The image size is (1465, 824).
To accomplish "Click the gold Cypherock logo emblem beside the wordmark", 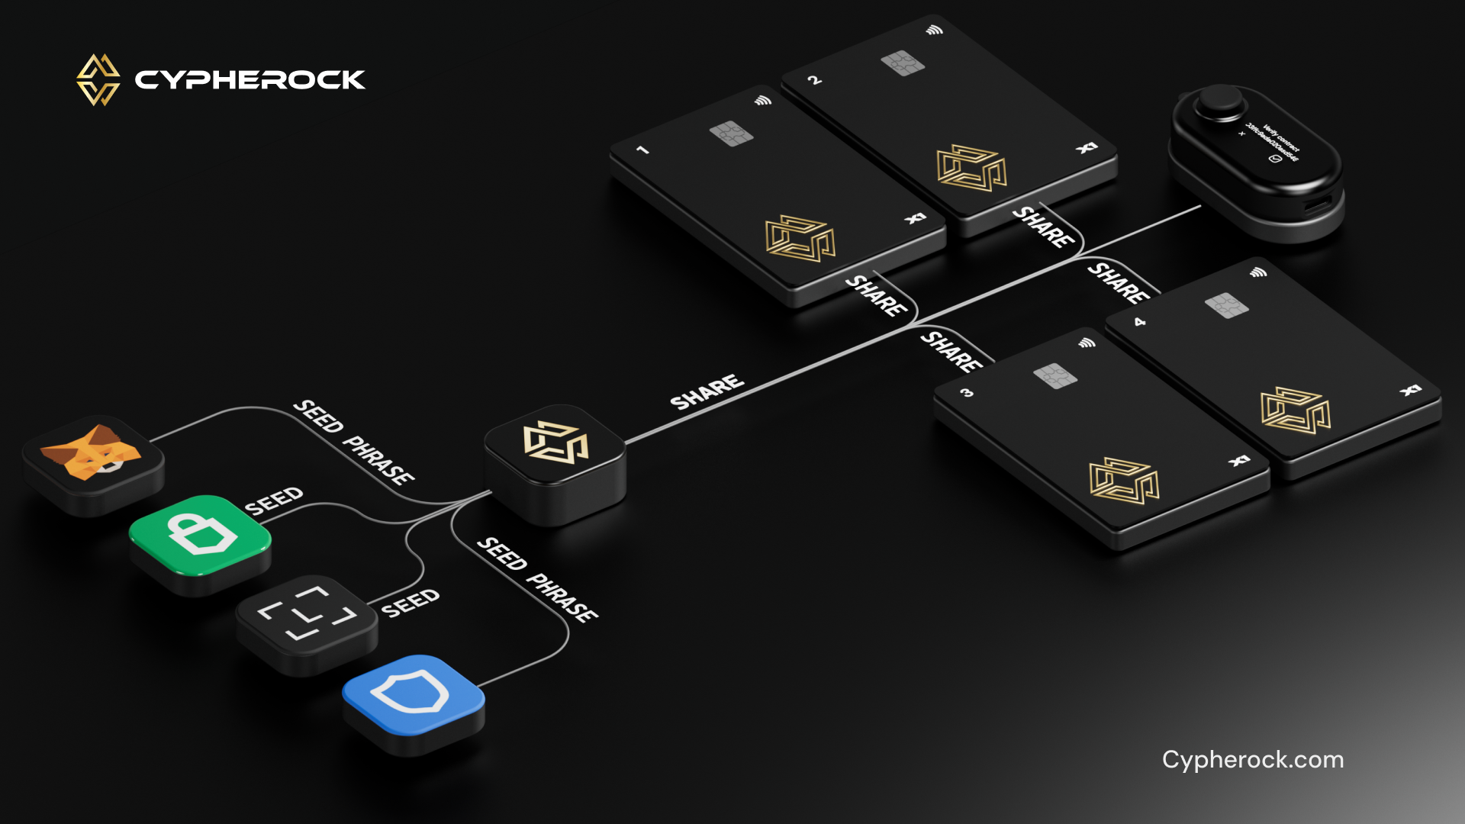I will point(98,79).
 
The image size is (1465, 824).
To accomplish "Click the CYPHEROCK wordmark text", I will point(250,80).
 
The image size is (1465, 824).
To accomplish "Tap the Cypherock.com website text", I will point(1252,760).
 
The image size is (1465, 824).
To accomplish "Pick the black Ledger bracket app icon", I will point(307,614).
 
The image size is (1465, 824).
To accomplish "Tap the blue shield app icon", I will point(412,694).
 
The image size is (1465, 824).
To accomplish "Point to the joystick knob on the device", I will point(1218,101).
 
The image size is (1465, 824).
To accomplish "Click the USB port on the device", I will point(1318,205).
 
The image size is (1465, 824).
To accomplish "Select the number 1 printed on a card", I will point(643,150).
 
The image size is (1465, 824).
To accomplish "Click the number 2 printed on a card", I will point(815,79).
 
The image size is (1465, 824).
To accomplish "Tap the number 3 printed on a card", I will point(967,393).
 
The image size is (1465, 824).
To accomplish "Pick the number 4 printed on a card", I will point(1139,322).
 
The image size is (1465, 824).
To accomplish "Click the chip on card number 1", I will point(731,134).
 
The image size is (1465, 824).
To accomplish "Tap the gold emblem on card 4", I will point(1295,410).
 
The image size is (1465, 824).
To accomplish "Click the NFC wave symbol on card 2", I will point(935,31).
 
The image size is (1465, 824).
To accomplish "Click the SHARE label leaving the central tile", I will point(707,391).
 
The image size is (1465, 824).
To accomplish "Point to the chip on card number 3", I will point(1055,375).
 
